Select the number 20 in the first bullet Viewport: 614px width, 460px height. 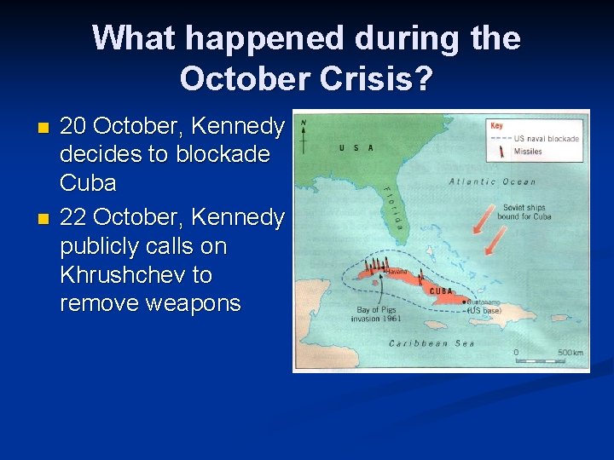coord(73,126)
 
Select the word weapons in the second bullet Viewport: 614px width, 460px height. coord(194,303)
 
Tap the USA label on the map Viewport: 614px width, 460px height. coord(355,147)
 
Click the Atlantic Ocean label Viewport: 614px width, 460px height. coord(493,181)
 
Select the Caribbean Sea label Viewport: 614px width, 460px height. coord(432,343)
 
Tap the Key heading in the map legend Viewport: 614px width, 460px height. coord(497,125)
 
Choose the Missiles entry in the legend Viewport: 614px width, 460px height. coord(529,152)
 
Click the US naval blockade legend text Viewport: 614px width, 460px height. coord(547,138)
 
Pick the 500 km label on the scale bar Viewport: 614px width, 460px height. coord(569,352)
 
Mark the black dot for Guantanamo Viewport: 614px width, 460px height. coord(463,301)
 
